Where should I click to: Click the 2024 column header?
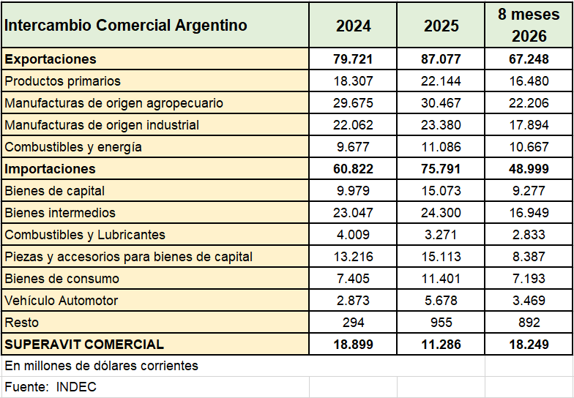click(353, 26)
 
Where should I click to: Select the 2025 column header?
click(441, 26)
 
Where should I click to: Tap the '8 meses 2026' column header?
click(529, 25)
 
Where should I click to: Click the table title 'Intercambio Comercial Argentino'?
click(126, 25)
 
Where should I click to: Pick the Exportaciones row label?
click(51, 59)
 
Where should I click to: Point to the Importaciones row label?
click(50, 168)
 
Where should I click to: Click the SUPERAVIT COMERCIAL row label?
click(84, 344)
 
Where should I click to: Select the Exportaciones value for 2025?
click(441, 59)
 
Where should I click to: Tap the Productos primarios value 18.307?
click(353, 80)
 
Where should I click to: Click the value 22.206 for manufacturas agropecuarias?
click(529, 102)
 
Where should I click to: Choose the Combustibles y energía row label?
click(73, 147)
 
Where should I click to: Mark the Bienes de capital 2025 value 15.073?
click(441, 190)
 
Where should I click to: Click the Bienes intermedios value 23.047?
click(353, 212)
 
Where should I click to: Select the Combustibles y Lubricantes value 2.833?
click(529, 234)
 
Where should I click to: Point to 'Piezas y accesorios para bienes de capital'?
click(129, 257)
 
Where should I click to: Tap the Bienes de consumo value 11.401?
click(441, 278)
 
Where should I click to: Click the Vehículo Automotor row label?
click(61, 300)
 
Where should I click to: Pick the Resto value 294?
click(353, 322)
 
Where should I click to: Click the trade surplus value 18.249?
click(529, 344)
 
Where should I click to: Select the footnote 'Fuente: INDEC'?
click(51, 386)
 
